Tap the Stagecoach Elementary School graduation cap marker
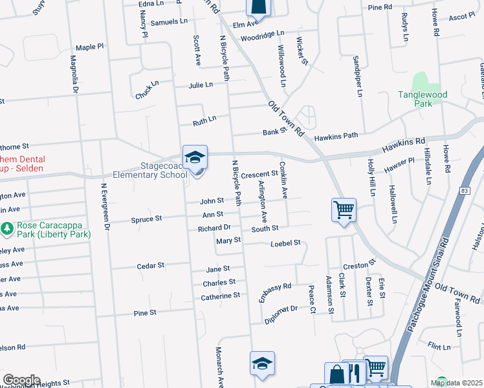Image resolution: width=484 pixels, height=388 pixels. (195, 157)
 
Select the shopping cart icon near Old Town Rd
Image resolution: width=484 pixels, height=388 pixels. (344, 210)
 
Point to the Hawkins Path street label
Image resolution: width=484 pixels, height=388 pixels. (336, 137)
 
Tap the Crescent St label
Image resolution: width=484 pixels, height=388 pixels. (259, 174)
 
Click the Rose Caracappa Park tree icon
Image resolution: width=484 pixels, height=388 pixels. (7, 228)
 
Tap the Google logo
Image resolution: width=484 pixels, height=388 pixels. (21, 380)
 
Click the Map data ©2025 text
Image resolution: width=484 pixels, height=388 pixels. (456, 383)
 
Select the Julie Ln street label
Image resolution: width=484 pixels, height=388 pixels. (201, 85)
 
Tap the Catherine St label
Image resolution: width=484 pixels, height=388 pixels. (220, 296)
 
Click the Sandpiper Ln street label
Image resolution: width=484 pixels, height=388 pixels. (357, 76)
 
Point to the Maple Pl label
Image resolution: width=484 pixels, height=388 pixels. (89, 47)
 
